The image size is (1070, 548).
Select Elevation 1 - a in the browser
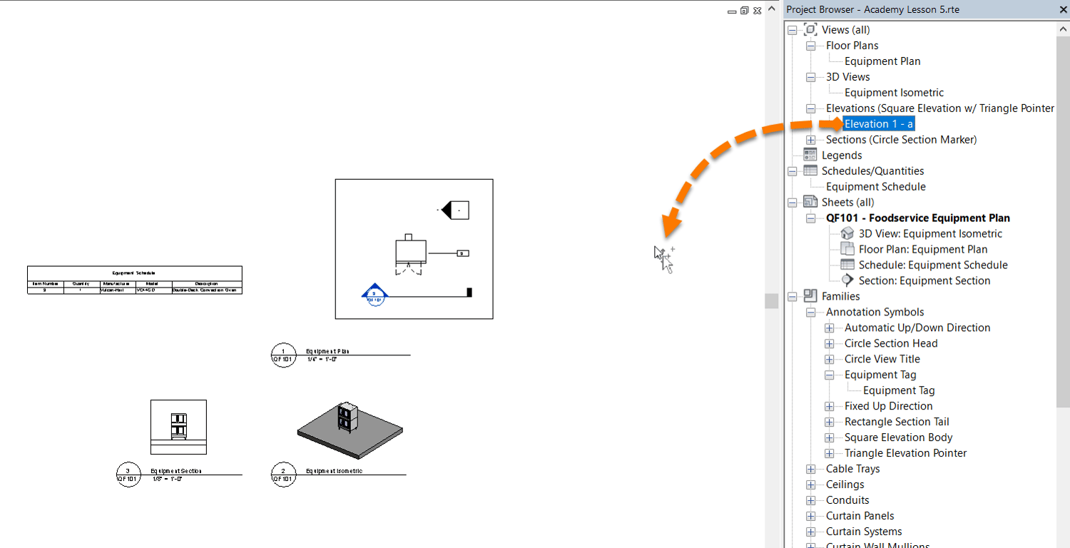click(879, 124)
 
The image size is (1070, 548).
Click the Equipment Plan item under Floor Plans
click(882, 61)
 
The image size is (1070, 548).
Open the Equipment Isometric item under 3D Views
click(894, 93)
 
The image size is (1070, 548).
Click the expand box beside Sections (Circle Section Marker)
click(811, 140)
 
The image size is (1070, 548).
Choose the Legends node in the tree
click(842, 156)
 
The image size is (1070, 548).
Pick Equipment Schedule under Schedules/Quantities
click(875, 187)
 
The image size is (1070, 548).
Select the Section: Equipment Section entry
click(924, 281)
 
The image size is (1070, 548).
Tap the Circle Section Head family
click(891, 344)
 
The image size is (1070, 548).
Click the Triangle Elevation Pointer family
click(905, 454)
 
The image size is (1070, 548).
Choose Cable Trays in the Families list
click(852, 470)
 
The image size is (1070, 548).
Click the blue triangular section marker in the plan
click(374, 293)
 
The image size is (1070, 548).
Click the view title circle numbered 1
click(283, 355)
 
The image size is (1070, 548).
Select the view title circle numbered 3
click(128, 474)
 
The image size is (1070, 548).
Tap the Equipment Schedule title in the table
click(134, 273)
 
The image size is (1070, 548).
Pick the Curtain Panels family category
click(860, 517)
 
